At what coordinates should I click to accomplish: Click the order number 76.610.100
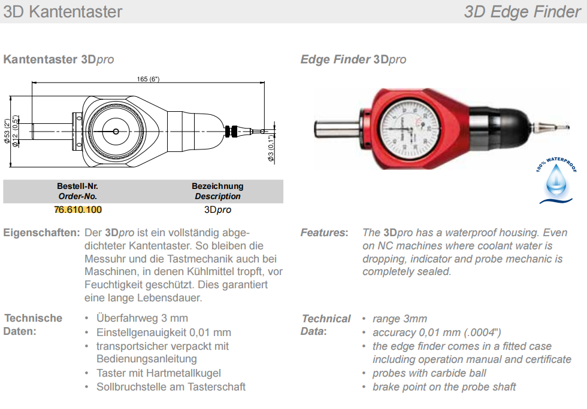pyautogui.click(x=78, y=210)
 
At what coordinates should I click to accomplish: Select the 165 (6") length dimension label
pyautogui.click(x=148, y=79)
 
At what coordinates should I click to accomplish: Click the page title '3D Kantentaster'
pyautogui.click(x=62, y=11)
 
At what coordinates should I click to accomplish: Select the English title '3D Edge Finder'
pyautogui.click(x=522, y=11)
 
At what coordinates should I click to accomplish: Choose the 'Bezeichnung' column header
pyautogui.click(x=217, y=186)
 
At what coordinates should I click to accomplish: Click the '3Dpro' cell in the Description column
pyautogui.click(x=217, y=210)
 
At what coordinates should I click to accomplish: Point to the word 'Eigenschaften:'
pyautogui.click(x=41, y=233)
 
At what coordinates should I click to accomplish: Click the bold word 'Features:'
pyautogui.click(x=324, y=233)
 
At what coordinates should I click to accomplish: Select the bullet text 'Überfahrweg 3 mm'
pyautogui.click(x=142, y=318)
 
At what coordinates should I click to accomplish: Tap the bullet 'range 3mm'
pyautogui.click(x=400, y=319)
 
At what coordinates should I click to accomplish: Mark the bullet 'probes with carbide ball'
pyautogui.click(x=429, y=373)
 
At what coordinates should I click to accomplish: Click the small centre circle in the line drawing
pyautogui.click(x=116, y=130)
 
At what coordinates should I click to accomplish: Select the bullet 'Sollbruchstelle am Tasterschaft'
pyautogui.click(x=171, y=387)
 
